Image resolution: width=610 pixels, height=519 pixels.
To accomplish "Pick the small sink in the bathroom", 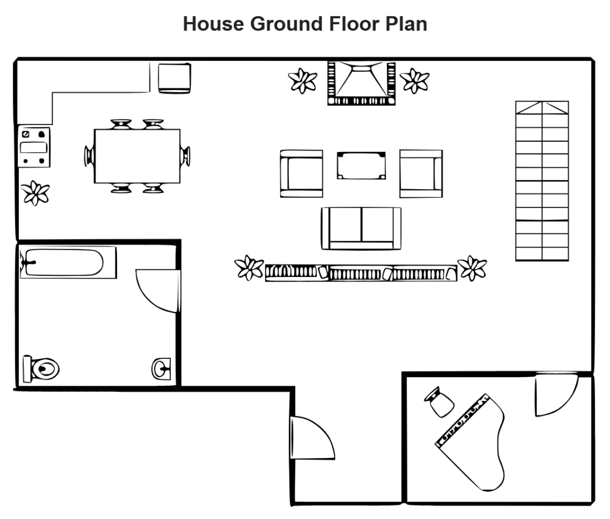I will click(162, 368).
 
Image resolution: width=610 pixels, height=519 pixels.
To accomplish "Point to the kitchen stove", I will click(34, 147).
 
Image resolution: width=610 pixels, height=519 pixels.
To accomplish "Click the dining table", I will click(137, 156).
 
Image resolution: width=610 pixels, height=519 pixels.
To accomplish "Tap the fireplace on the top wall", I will click(360, 83).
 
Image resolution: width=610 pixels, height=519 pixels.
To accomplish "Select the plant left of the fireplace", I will click(303, 80).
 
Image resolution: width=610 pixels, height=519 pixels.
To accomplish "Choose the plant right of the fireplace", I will click(415, 80).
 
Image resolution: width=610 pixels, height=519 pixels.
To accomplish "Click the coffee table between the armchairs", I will click(360, 165).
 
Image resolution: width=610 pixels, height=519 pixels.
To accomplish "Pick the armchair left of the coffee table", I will click(301, 173).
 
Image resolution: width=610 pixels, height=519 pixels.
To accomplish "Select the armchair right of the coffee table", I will click(421, 173).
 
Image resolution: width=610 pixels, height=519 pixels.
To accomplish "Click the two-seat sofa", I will click(360, 228).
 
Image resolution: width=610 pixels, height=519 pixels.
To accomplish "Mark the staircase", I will click(542, 181).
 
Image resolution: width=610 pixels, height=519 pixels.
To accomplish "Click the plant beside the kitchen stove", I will click(36, 193).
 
